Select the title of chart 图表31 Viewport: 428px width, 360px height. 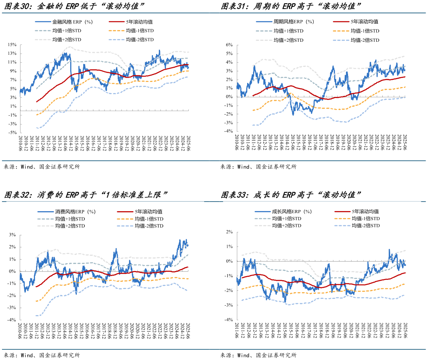[x=291, y=7]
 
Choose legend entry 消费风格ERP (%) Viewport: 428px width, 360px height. [x=73, y=212]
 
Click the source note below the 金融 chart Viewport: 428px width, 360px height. [x=41, y=167]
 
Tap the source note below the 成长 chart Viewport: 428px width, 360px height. [x=258, y=355]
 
